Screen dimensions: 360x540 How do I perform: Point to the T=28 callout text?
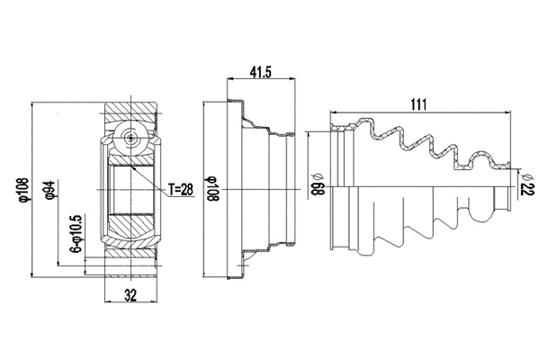pos(181,188)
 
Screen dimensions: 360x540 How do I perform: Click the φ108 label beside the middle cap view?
pos(212,190)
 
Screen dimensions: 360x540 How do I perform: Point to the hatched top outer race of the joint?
pos(131,114)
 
